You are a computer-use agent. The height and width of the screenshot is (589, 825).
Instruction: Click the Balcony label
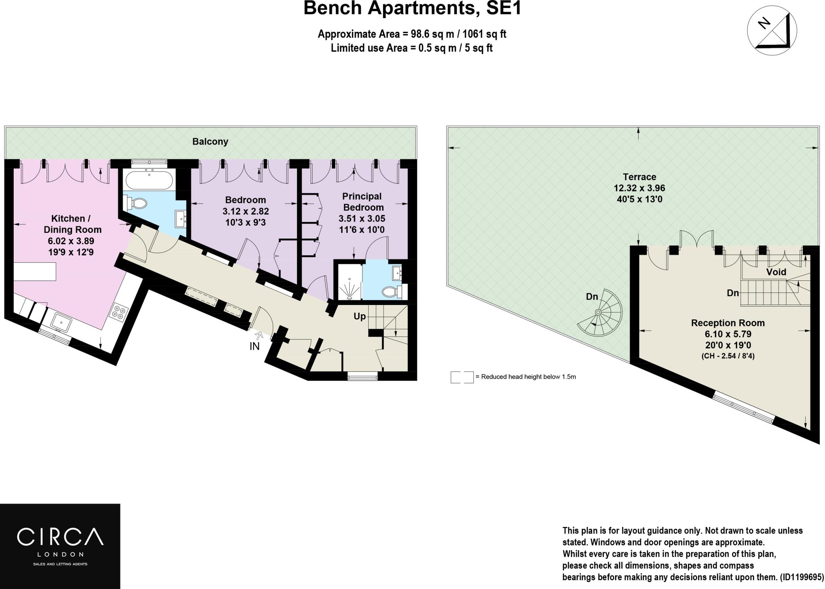210,141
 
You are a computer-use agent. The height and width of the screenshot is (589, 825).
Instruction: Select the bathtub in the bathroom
149,179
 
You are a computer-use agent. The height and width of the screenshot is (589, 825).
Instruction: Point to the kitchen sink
62,323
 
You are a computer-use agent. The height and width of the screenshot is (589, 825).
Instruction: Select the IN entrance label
255,346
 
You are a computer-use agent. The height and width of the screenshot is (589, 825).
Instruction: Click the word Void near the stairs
776,272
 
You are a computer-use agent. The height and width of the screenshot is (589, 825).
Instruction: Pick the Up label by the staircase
359,316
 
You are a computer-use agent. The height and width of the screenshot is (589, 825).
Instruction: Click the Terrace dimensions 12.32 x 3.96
639,188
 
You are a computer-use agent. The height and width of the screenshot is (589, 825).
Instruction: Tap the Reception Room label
728,323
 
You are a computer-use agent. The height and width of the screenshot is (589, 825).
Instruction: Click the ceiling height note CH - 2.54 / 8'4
728,356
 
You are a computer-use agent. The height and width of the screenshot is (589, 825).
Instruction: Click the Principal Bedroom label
362,202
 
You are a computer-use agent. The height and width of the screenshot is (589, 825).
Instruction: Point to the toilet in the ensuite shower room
390,291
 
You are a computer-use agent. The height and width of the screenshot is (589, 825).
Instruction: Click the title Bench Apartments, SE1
412,9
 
